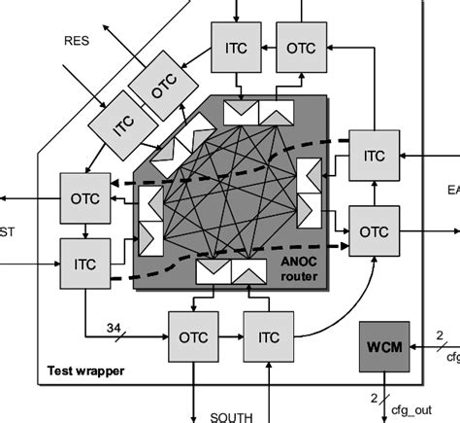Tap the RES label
click(x=77, y=41)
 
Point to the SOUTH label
click(x=232, y=416)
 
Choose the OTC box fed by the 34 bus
click(x=194, y=339)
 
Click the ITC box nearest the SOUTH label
click(x=269, y=339)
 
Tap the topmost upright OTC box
click(x=300, y=45)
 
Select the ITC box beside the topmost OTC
click(x=237, y=45)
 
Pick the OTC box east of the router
click(x=373, y=231)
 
